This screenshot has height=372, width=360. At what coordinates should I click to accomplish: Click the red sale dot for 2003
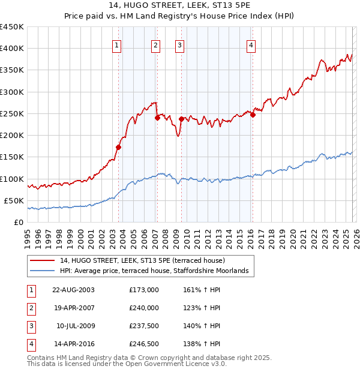pyautogui.click(x=119, y=147)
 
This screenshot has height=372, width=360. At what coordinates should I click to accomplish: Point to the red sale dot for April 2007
pyautogui.click(x=157, y=118)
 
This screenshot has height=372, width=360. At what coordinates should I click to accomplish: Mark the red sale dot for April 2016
pyautogui.click(x=253, y=115)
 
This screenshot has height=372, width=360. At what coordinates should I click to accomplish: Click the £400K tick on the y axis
pyautogui.click(x=12, y=49)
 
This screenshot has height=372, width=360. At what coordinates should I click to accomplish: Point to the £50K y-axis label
pyautogui.click(x=14, y=200)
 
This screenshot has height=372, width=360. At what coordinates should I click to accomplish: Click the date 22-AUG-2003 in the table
pyautogui.click(x=73, y=290)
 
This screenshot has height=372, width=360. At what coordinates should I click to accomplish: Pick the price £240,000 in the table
pyautogui.click(x=144, y=308)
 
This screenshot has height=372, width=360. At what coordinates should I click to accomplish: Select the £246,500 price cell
pyautogui.click(x=144, y=344)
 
